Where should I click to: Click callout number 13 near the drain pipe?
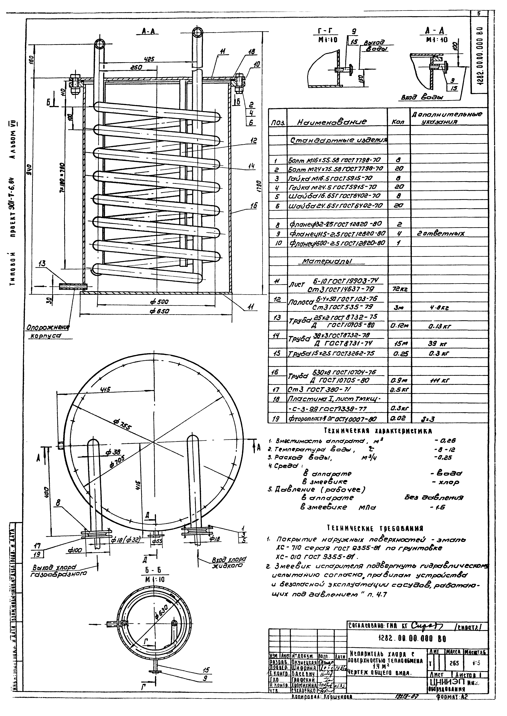pyautogui.click(x=42, y=264)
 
